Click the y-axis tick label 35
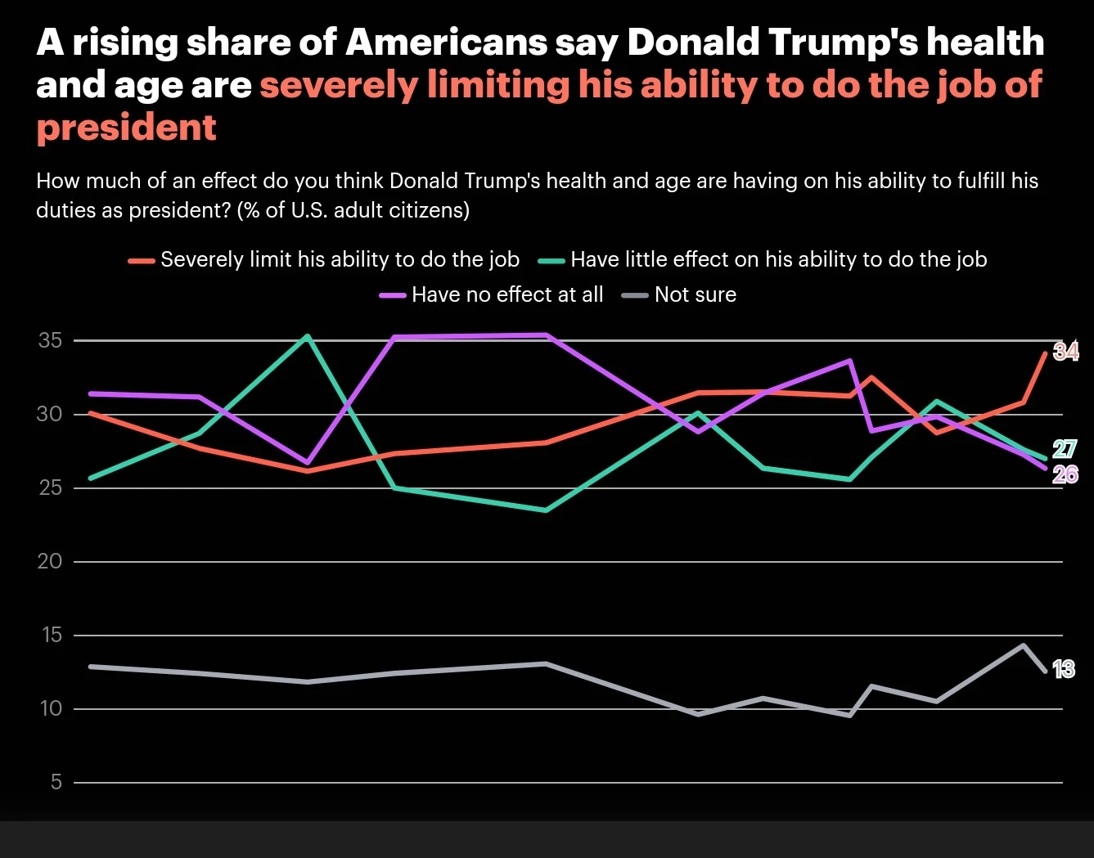(50, 340)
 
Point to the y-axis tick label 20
(50, 561)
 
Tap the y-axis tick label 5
(56, 782)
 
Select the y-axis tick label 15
(50, 635)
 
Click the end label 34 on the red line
(1065, 352)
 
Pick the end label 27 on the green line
(1064, 449)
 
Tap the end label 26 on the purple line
(1065, 474)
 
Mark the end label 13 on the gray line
(1063, 670)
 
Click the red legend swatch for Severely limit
(142, 261)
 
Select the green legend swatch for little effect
(552, 261)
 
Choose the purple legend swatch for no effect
(393, 295)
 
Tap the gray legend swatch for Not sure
(636, 295)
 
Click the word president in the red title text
(127, 127)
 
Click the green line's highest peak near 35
(307, 335)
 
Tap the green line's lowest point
(546, 510)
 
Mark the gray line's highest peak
(1023, 645)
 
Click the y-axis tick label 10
(50, 708)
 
